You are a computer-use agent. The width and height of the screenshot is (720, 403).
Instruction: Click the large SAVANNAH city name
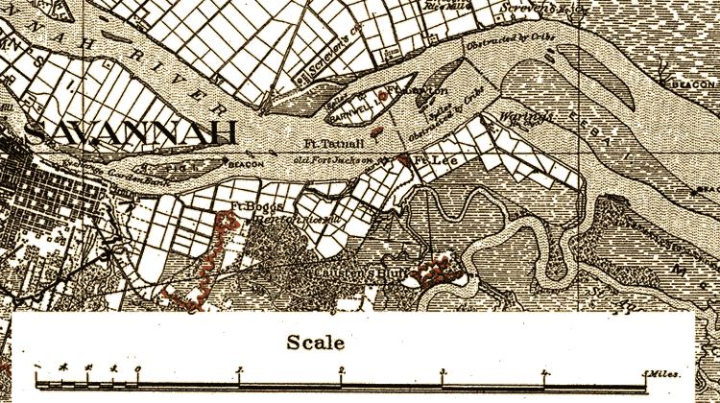[132, 132]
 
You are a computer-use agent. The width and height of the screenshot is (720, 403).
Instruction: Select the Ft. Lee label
[437, 159]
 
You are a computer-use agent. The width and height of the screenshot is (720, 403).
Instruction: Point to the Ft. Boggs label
[251, 207]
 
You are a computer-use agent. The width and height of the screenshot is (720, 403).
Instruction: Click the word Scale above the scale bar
[309, 342]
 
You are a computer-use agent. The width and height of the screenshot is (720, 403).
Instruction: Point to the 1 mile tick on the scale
[239, 369]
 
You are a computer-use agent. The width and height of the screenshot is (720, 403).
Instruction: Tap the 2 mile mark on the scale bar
[341, 369]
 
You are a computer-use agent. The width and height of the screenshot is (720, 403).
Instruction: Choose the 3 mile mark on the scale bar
[443, 369]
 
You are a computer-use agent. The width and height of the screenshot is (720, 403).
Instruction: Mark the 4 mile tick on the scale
[544, 369]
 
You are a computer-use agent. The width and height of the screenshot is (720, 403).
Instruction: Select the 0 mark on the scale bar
[137, 369]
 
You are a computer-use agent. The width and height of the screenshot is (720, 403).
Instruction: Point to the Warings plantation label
[519, 119]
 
